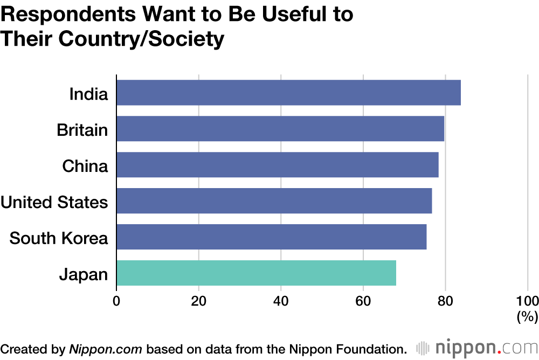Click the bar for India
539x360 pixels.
click(288, 93)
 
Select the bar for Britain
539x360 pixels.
click(280, 129)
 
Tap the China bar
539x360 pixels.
click(278, 165)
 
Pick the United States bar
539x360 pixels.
click(274, 201)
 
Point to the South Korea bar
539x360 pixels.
click(271, 237)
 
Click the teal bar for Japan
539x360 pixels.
click(256, 273)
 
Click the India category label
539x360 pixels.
click(89, 94)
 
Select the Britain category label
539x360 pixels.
click(82, 130)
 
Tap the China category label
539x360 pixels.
click(85, 166)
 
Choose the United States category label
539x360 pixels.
click(54, 202)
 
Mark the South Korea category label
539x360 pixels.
click(59, 238)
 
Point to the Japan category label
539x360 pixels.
click(84, 275)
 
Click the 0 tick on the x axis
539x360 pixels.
click(116, 300)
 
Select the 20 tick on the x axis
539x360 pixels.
click(199, 300)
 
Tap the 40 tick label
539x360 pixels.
click(281, 300)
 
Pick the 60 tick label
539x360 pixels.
click(363, 300)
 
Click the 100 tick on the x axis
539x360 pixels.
click(528, 300)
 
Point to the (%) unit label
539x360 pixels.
click(528, 317)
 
